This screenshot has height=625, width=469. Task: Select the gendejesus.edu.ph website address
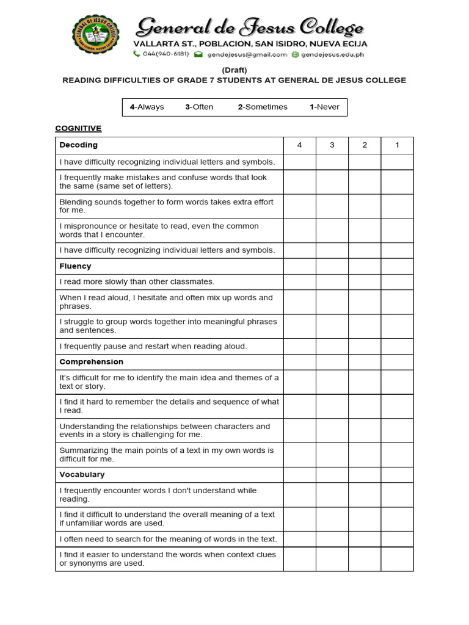point(332,54)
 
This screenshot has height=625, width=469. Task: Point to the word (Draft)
point(234,70)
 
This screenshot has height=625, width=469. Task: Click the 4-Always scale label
point(147,107)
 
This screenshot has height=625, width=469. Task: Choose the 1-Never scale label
point(324,107)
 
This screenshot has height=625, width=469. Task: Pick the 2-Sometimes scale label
point(263,107)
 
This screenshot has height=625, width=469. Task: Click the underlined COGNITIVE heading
point(78,128)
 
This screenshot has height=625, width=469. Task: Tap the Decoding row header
point(79,145)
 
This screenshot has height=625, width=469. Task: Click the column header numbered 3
point(332,145)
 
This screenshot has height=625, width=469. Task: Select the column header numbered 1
point(397,145)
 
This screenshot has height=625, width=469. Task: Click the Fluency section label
point(75,266)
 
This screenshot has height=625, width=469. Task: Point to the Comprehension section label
point(91,362)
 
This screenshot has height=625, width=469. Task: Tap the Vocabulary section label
point(82,474)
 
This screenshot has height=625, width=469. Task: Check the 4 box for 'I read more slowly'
point(299,282)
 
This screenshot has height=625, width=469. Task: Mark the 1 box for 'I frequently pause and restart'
point(397,346)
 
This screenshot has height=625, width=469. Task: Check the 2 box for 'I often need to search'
point(365,539)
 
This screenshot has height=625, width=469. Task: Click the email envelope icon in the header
point(198,54)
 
